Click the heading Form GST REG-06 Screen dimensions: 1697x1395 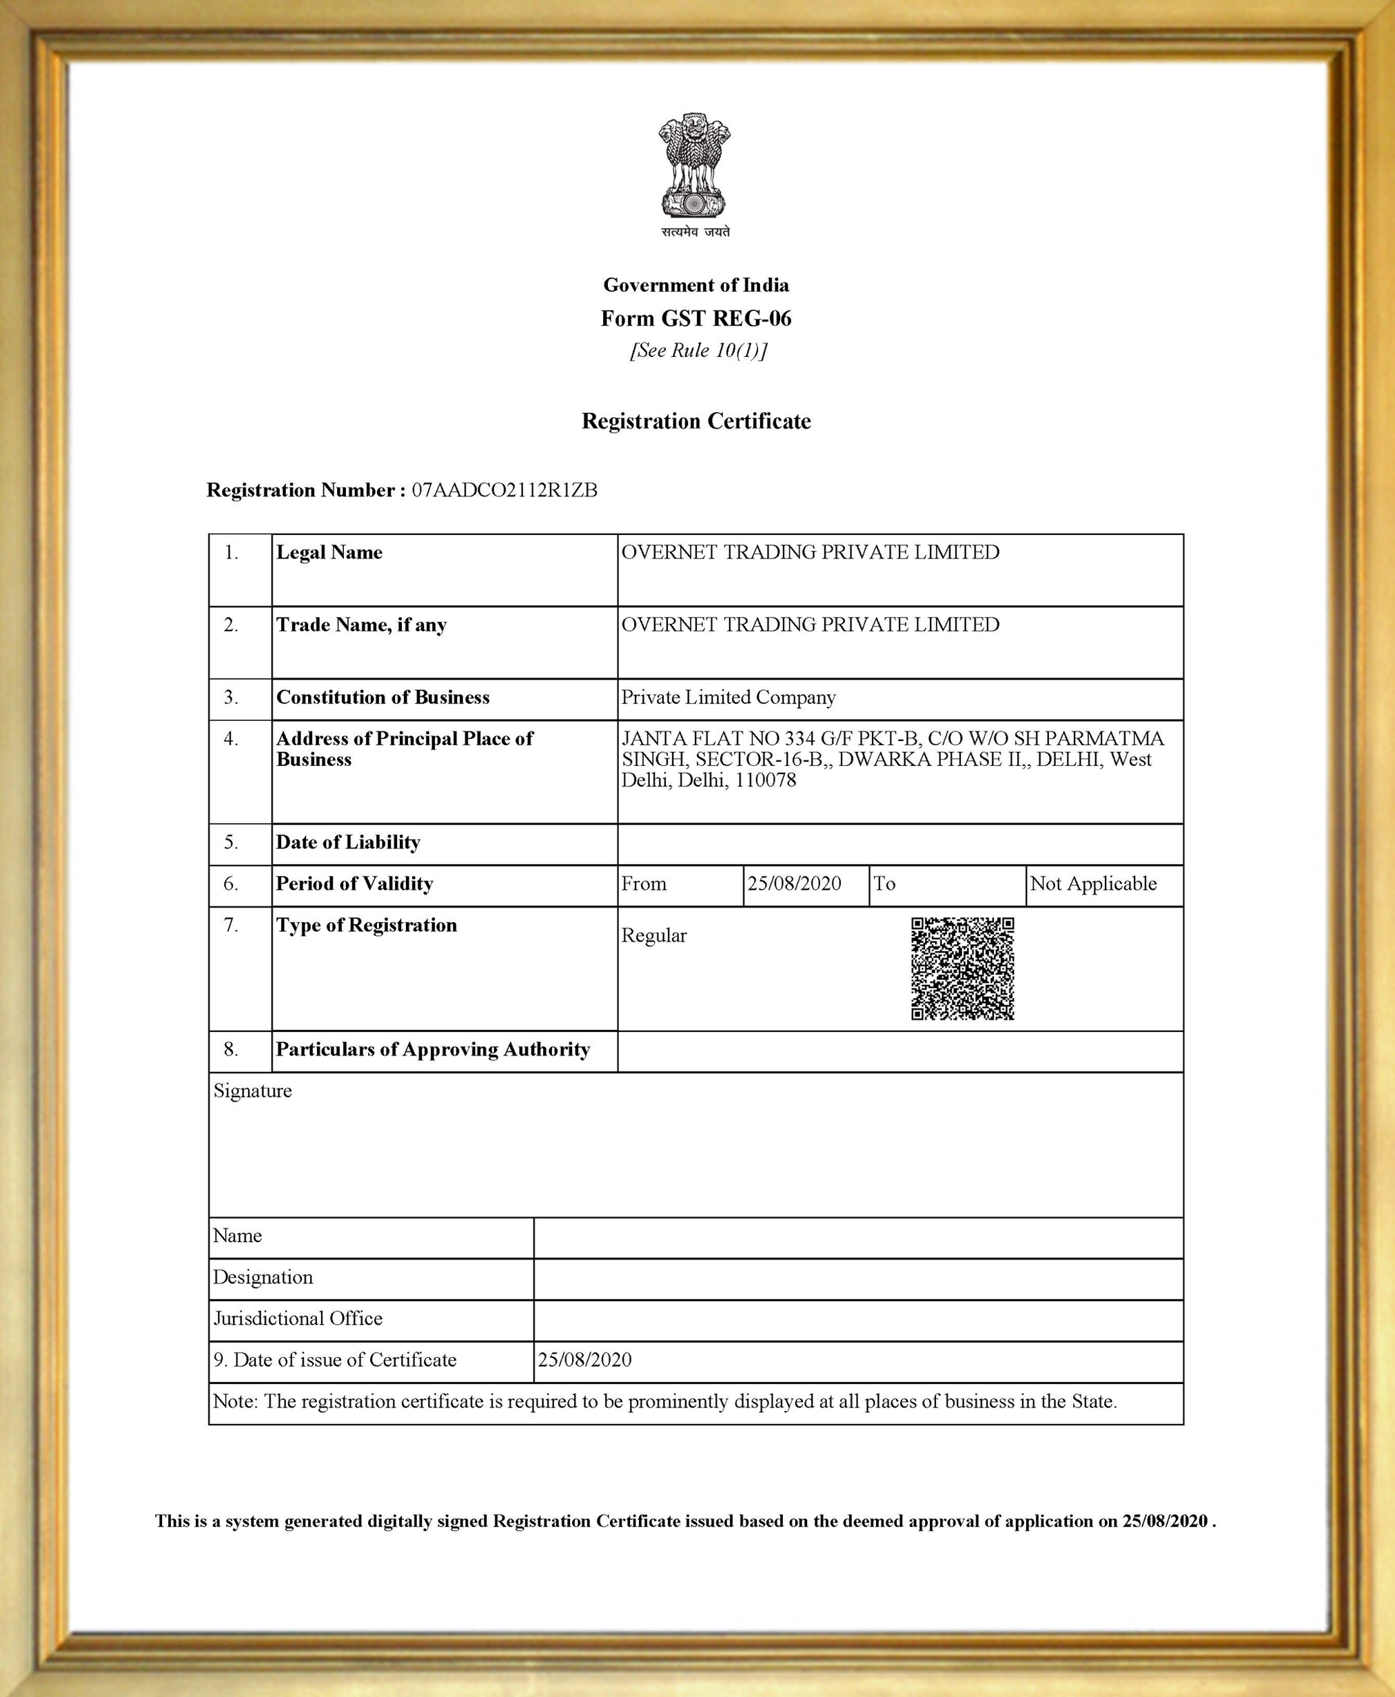pyautogui.click(x=696, y=319)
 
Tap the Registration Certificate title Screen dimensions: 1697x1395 pyautogui.click(x=696, y=421)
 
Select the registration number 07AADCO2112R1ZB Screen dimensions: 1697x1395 pyautogui.click(x=505, y=490)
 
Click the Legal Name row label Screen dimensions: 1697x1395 pyautogui.click(x=329, y=553)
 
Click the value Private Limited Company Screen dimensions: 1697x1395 pyautogui.click(x=728, y=698)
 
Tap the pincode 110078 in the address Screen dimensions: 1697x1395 pyautogui.click(x=765, y=780)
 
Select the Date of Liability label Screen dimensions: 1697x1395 pyautogui.click(x=348, y=842)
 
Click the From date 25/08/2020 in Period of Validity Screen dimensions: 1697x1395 pyautogui.click(x=794, y=884)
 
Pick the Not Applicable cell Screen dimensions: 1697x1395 pyautogui.click(x=1093, y=884)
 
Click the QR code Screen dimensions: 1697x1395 pyautogui.click(x=963, y=969)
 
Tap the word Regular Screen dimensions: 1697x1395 pyautogui.click(x=654, y=936)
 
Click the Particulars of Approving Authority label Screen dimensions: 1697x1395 pyautogui.click(x=433, y=1049)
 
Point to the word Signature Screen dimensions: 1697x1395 pyautogui.click(x=252, y=1091)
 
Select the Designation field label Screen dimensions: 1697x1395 pyautogui.click(x=263, y=1277)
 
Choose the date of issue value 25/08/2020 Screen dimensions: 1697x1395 pyautogui.click(x=584, y=1359)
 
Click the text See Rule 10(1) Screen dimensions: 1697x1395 pyautogui.click(x=697, y=351)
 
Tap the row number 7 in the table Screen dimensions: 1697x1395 pyautogui.click(x=232, y=926)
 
